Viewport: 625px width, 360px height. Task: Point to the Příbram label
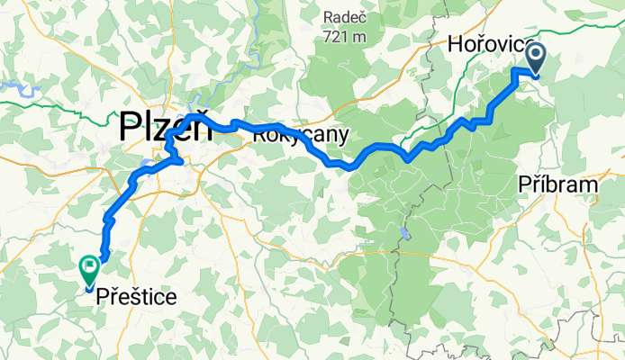pyautogui.click(x=558, y=184)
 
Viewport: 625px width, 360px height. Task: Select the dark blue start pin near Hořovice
pyautogui.click(x=535, y=58)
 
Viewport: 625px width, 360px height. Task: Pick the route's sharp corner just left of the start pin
pyautogui.click(x=515, y=70)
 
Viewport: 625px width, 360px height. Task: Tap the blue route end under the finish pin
pyautogui.click(x=88, y=289)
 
